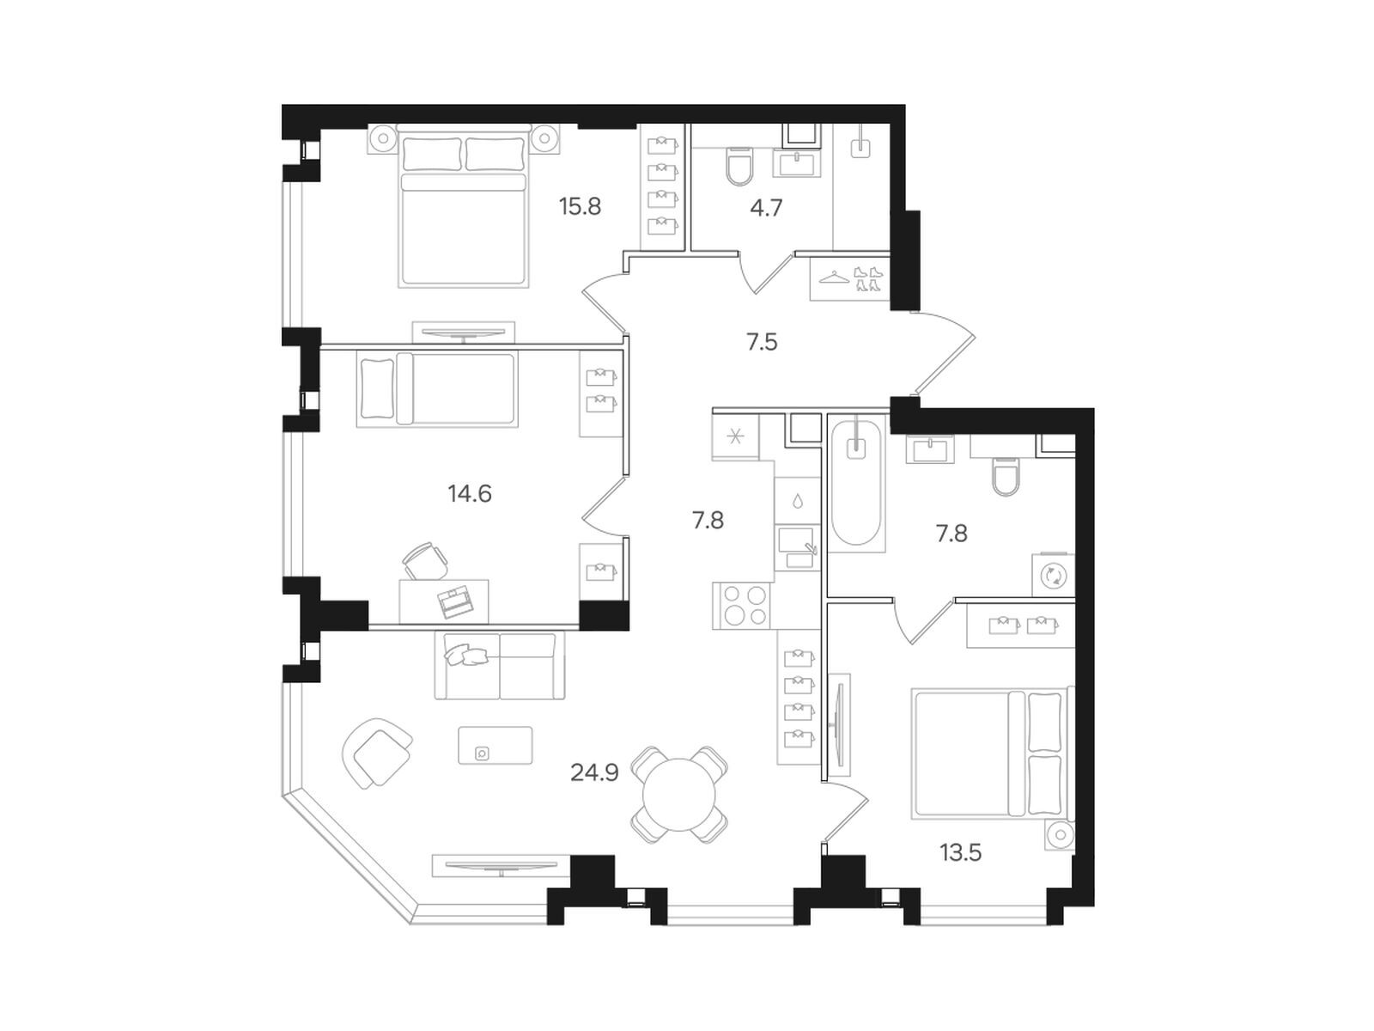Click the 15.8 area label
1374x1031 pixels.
click(x=580, y=207)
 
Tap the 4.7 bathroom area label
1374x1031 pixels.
click(x=766, y=208)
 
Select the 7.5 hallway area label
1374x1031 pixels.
click(x=762, y=343)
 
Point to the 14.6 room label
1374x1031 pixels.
click(x=469, y=494)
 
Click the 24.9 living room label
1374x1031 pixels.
click(x=594, y=773)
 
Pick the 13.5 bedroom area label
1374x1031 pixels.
click(x=960, y=853)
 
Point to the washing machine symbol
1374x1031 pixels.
click(x=1053, y=575)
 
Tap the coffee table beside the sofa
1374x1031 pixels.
click(x=495, y=745)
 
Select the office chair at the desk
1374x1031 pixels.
click(x=424, y=562)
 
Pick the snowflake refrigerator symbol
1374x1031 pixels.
click(x=735, y=437)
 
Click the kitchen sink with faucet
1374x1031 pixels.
click(x=798, y=546)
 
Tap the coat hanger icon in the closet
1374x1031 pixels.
click(x=834, y=277)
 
